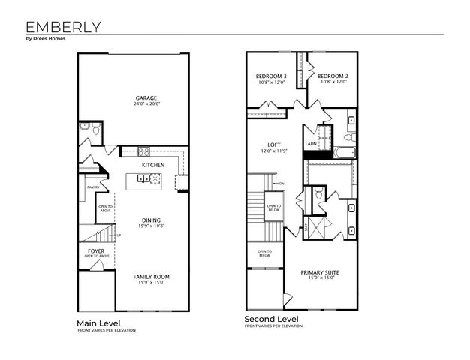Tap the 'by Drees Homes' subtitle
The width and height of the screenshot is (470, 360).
36,40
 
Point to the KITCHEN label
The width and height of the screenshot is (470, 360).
153,165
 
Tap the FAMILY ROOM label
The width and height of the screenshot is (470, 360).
152,277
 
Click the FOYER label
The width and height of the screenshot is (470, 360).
97,250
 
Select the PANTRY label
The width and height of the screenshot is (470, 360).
93,187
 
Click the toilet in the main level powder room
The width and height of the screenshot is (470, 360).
86,130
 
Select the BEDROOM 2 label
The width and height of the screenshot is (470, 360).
333,76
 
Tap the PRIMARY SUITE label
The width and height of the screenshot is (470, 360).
322,272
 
